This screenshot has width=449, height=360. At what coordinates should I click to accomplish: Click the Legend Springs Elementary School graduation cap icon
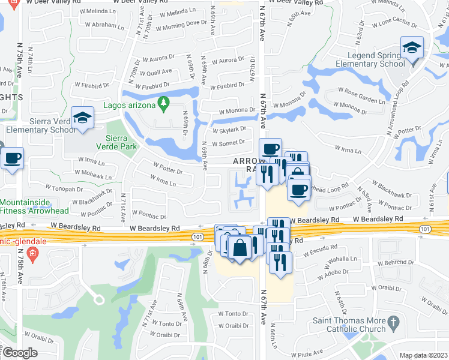pyautogui.click(x=412, y=47)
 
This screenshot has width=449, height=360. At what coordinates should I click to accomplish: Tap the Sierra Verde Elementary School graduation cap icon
pyautogui.click(x=83, y=118)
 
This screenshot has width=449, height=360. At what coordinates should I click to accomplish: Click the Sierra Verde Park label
pyautogui.click(x=118, y=142)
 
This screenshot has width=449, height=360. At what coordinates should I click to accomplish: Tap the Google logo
pyautogui.click(x=19, y=353)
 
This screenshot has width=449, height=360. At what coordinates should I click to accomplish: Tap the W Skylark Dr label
pyautogui.click(x=229, y=129)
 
